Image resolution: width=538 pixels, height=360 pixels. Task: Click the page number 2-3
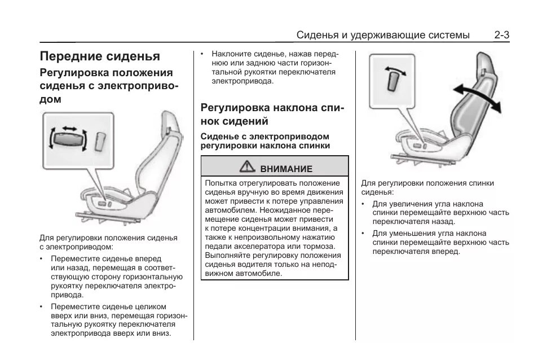[502, 35]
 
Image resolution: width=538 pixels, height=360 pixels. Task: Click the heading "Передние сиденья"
[100, 56]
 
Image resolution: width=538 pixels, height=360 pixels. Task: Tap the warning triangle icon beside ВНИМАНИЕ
[246, 167]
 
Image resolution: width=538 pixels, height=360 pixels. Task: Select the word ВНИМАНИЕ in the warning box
[286, 168]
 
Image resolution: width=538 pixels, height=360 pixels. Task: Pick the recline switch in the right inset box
[394, 82]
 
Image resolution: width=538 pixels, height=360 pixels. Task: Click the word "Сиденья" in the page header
[317, 36]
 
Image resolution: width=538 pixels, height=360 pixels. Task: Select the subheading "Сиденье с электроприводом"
[265, 137]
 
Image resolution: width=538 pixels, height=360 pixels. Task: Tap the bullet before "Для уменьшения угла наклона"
[364, 233]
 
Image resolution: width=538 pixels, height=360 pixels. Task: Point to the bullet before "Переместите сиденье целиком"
[42, 306]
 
